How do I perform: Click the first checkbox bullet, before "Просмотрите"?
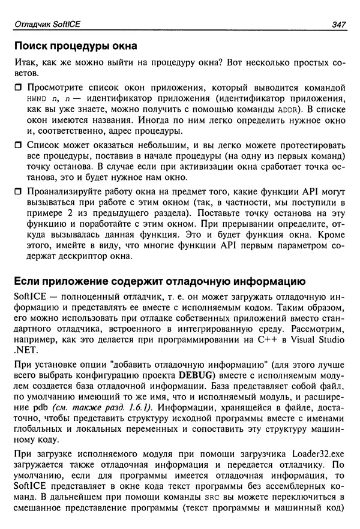tap(17, 88)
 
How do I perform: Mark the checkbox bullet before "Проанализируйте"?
tap(17, 193)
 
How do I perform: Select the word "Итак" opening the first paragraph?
tap(23, 64)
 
